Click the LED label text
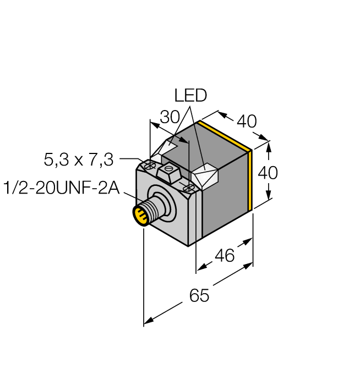(x=190, y=96)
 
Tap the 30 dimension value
(x=169, y=117)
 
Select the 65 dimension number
(x=199, y=295)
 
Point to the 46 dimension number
(x=223, y=255)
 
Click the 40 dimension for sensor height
(x=268, y=173)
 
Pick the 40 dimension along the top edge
(x=246, y=122)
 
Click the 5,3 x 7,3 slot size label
(x=78, y=159)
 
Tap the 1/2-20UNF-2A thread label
(x=61, y=187)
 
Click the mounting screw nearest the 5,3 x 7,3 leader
(x=149, y=164)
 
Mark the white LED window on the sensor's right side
(x=207, y=176)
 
